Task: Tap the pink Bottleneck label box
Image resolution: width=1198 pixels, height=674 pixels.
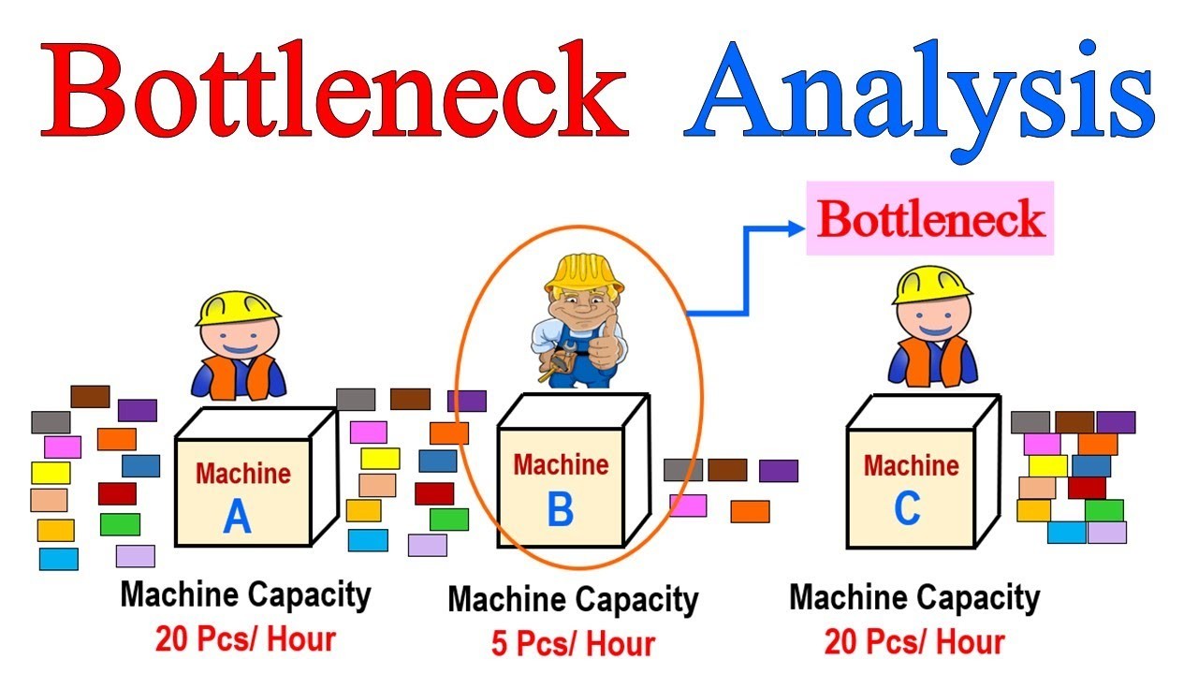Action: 930,219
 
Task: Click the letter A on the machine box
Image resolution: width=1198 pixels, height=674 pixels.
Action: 237,517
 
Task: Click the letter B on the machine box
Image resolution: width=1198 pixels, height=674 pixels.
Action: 560,510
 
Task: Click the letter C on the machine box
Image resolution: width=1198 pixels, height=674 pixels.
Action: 907,508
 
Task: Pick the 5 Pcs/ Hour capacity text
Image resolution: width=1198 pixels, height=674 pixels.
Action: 573,643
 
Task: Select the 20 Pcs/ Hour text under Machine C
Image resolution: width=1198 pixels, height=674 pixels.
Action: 914,641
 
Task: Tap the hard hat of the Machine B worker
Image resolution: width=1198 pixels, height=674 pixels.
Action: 583,271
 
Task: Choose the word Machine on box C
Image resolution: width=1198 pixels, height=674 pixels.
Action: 911,465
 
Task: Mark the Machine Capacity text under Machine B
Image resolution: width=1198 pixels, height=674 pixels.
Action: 573,600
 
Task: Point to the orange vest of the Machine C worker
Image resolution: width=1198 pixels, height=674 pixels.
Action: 932,360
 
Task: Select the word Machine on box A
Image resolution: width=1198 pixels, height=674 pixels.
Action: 242,474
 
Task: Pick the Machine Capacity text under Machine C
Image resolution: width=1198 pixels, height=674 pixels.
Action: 914,597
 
